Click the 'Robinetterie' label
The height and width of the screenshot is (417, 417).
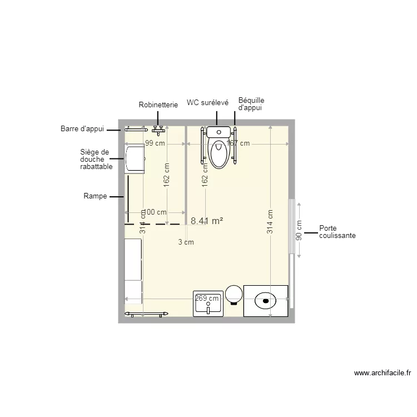click(x=158, y=105)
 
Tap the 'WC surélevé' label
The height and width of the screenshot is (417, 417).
click(x=207, y=103)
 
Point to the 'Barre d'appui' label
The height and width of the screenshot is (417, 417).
click(x=82, y=129)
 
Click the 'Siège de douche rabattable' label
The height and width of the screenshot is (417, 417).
click(x=96, y=159)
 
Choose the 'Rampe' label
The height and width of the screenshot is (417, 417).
click(x=95, y=196)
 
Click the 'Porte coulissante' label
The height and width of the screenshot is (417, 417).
click(x=337, y=232)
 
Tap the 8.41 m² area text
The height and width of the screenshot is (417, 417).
click(x=207, y=221)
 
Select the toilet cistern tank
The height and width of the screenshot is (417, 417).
click(x=219, y=132)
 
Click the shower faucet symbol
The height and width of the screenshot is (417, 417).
click(x=160, y=129)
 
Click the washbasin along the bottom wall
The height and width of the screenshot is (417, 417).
click(x=208, y=304)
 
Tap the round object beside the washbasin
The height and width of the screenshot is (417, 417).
click(x=234, y=295)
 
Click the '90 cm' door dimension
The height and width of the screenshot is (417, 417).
click(x=299, y=229)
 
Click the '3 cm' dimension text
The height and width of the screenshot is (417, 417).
click(x=186, y=242)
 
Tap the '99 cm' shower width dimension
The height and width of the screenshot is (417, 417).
click(x=156, y=143)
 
